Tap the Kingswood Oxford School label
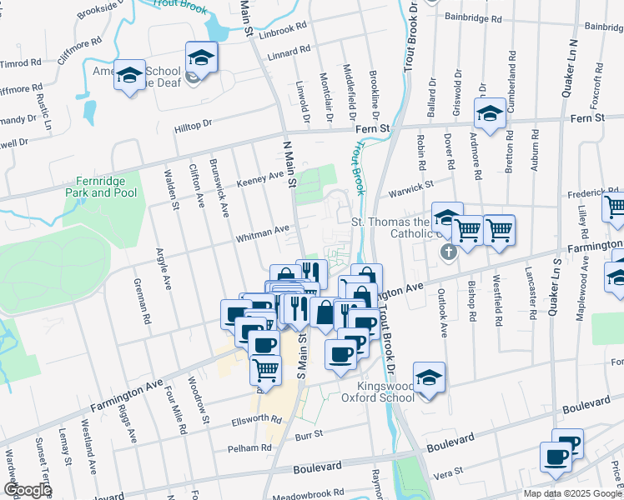(x=385, y=392)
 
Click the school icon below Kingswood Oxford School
(x=429, y=378)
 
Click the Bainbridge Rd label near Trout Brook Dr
(x=474, y=17)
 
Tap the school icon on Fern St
(x=490, y=114)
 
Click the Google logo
(x=27, y=490)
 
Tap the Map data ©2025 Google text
(x=572, y=493)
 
